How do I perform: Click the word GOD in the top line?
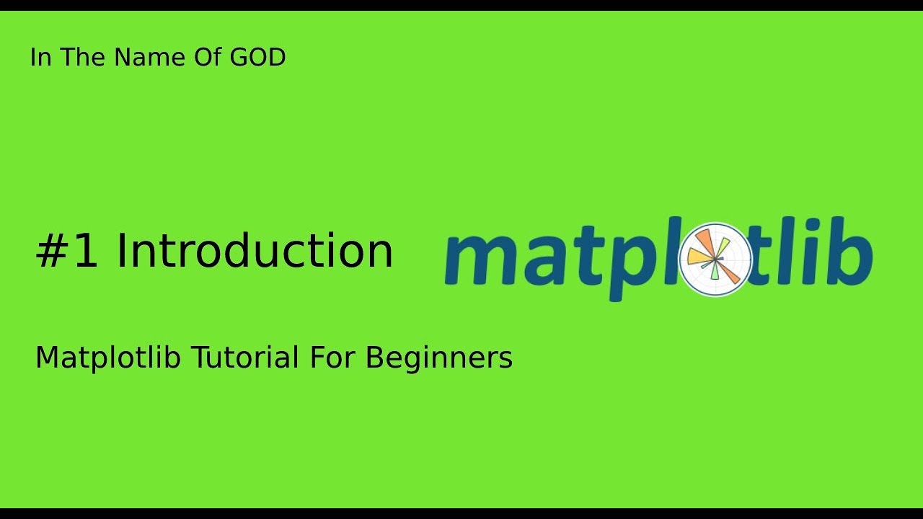pyautogui.click(x=258, y=58)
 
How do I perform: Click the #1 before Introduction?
pyautogui.click(x=66, y=252)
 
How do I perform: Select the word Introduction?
pyautogui.click(x=255, y=252)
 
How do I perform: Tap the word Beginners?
pyautogui.click(x=439, y=358)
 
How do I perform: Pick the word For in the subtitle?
pyautogui.click(x=332, y=358)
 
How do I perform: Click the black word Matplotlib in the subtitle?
pyautogui.click(x=108, y=358)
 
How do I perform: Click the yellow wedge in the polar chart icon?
pyautogui.click(x=697, y=257)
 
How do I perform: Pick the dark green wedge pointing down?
pyautogui.click(x=715, y=270)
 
